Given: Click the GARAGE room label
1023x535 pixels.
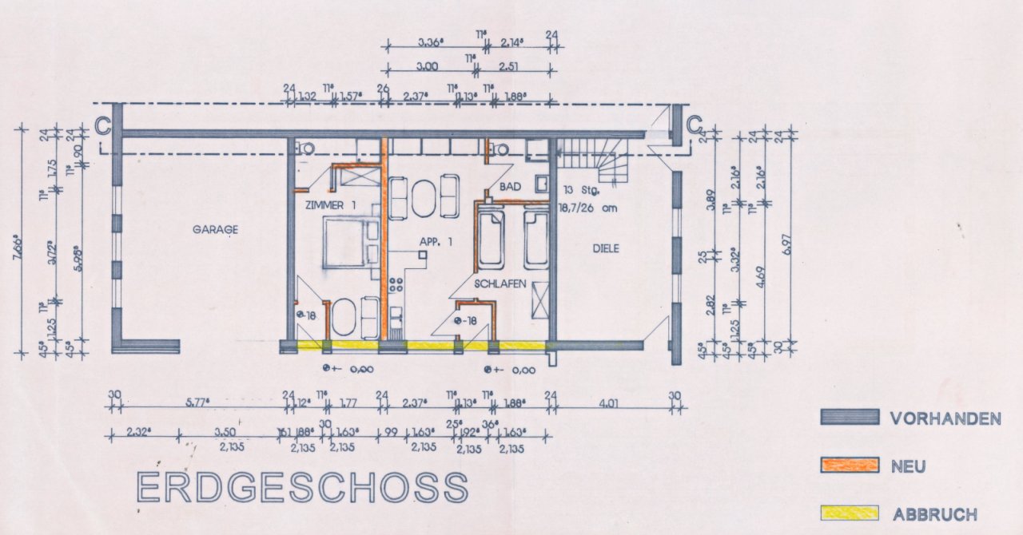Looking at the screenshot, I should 215,230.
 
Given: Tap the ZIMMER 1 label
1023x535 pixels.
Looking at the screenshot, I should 330,205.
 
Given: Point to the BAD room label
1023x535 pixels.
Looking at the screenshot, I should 510,187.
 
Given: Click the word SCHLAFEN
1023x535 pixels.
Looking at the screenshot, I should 500,283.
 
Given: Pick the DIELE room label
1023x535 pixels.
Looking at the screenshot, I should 606,248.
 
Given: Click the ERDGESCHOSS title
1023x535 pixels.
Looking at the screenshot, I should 302,487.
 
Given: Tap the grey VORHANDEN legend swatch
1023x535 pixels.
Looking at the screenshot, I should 850,417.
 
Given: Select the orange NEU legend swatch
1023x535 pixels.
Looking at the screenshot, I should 850,465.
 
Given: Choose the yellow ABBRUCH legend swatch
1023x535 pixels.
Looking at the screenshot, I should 850,513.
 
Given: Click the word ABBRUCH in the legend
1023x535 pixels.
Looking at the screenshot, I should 934,514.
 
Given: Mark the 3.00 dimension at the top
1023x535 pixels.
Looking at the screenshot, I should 428,67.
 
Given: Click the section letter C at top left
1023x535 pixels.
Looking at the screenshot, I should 102,125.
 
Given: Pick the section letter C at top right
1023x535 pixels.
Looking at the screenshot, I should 694,125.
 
